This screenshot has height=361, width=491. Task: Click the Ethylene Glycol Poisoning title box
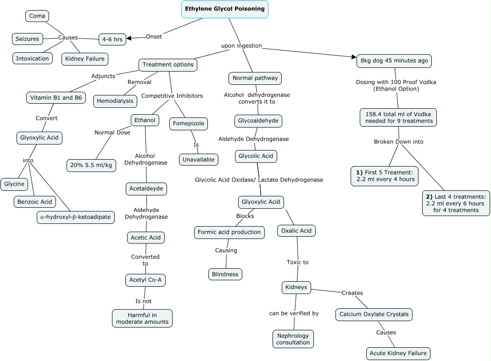coord(224,9)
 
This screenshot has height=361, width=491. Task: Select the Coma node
coord(37,16)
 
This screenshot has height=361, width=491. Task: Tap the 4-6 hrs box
coord(112,39)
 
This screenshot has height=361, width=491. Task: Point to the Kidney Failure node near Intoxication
coord(84,59)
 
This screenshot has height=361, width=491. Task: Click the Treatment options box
coord(168,65)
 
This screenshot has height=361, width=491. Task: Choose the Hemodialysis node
coord(115,101)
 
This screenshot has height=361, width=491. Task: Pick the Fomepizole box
coord(188,124)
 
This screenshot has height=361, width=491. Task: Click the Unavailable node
coord(199,160)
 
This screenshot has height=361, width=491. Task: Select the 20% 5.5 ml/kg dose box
coord(91,165)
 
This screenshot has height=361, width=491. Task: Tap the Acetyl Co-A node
coord(145,280)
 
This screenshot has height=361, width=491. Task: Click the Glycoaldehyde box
coord(258,121)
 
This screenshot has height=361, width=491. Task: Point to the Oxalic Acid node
coord(296,231)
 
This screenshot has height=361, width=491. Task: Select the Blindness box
coord(225,274)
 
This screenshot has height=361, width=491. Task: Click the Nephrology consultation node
coord(293,339)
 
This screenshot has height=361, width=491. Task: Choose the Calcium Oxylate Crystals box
coord(374,314)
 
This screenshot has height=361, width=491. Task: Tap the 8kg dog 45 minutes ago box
coord(394,61)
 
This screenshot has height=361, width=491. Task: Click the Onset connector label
coord(154,37)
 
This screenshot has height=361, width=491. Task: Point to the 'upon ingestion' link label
coord(241,46)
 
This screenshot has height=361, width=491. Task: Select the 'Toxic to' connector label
coord(297,262)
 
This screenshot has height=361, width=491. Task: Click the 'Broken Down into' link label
coord(398,142)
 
